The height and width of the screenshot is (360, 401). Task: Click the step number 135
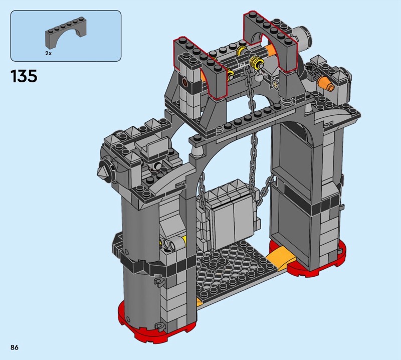coord(24,76)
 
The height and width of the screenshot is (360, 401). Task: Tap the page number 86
coord(15,347)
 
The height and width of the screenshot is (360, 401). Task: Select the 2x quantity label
coord(48,53)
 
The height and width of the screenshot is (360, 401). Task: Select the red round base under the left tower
coord(156,318)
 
